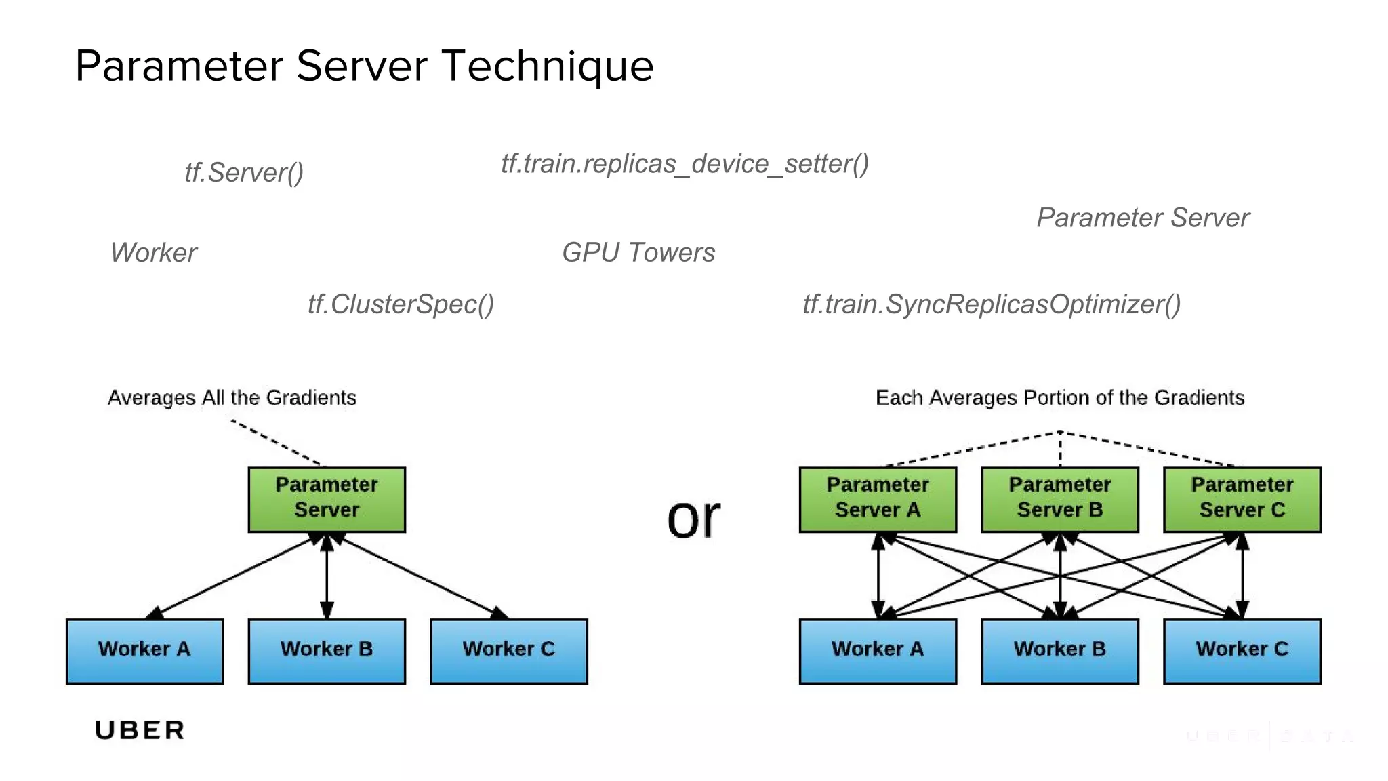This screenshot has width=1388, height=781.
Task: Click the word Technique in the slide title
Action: [x=548, y=66]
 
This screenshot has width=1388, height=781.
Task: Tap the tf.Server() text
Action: [x=244, y=173]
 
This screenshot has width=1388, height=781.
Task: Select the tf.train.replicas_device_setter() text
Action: [x=685, y=164]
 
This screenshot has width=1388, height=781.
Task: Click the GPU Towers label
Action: [x=638, y=252]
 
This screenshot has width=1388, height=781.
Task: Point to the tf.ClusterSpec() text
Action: [x=401, y=304]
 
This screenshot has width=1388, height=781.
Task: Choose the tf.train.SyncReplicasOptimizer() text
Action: [x=992, y=304]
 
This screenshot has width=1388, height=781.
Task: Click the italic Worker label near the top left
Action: [x=153, y=252]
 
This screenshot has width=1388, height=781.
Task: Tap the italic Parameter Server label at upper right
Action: [x=1143, y=218]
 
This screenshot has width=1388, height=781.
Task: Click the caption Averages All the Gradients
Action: [x=232, y=397]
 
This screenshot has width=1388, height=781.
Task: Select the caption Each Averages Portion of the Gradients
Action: [x=1059, y=397]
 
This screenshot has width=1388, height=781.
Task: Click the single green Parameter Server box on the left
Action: [x=327, y=499]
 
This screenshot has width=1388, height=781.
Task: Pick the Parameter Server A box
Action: [x=878, y=499]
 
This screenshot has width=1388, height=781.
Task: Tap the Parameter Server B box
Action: [x=1060, y=499]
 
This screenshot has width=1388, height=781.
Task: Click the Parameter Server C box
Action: [x=1242, y=499]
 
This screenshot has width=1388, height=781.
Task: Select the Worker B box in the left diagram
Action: [x=327, y=651]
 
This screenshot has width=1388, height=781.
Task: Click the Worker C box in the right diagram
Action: [x=1242, y=651]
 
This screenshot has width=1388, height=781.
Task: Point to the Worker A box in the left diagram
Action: [x=144, y=651]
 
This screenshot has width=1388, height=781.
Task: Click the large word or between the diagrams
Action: [x=693, y=519]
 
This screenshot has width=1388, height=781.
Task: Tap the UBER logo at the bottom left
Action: [x=140, y=730]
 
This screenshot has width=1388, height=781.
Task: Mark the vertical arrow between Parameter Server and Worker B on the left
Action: [x=327, y=576]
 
